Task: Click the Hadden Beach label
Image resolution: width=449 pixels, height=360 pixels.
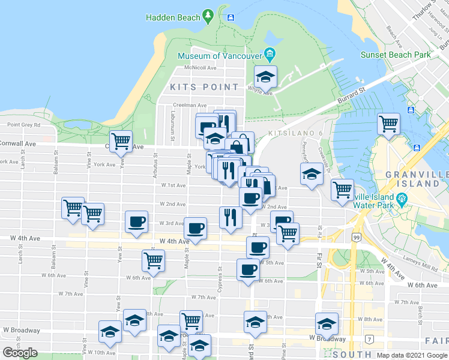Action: (x=175, y=17)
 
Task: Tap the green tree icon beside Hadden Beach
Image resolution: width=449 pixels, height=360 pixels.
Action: (x=208, y=14)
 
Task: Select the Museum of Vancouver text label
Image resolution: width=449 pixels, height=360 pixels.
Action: (x=220, y=56)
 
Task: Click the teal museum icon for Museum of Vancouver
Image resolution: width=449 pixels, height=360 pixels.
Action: (x=270, y=56)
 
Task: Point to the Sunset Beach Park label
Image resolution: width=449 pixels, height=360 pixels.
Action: (x=396, y=55)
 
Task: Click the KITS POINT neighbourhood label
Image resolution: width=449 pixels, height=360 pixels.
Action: (x=204, y=87)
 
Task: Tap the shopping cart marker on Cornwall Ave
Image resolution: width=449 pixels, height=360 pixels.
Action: (x=122, y=142)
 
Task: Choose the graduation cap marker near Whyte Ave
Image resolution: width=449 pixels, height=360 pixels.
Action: (x=265, y=77)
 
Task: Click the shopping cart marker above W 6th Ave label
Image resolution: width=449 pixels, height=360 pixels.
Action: (x=153, y=261)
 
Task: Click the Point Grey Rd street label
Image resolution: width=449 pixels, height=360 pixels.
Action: (x=23, y=125)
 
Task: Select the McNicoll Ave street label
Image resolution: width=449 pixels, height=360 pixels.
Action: (x=200, y=68)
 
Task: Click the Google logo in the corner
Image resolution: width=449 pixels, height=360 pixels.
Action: (x=20, y=353)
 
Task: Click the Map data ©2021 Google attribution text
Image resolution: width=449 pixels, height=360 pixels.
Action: (x=411, y=355)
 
